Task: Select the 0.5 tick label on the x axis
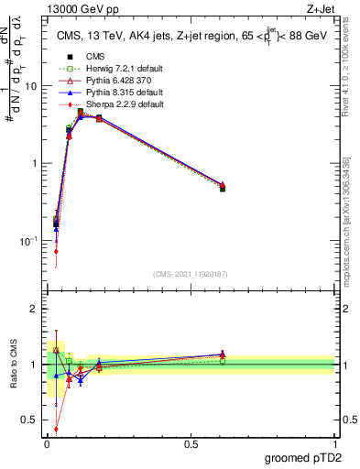(191, 442)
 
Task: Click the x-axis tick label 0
(47, 442)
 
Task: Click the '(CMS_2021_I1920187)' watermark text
(190, 273)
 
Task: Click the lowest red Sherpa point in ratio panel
(57, 428)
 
